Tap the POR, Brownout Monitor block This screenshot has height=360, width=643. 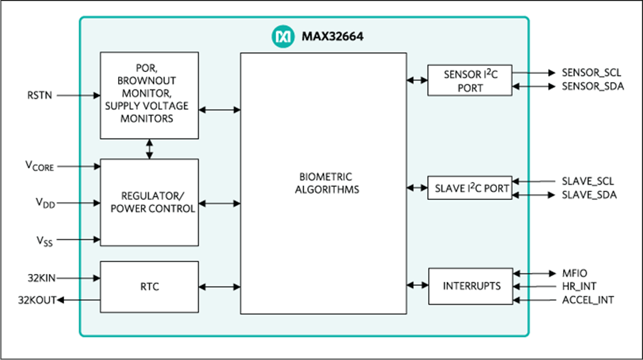tap(149, 95)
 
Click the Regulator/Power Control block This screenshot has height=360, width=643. tap(149, 202)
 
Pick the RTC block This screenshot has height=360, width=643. tap(149, 287)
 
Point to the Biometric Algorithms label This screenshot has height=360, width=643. tap(323, 183)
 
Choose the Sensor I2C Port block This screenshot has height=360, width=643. tap(470, 81)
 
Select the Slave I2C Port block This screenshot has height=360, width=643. tap(470, 188)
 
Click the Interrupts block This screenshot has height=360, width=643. tap(470, 286)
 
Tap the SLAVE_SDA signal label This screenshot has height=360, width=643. tap(589, 195)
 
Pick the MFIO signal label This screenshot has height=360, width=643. tap(573, 273)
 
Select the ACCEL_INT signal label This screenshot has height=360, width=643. tap(588, 300)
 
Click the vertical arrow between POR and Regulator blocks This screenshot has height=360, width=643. tap(149, 149)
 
